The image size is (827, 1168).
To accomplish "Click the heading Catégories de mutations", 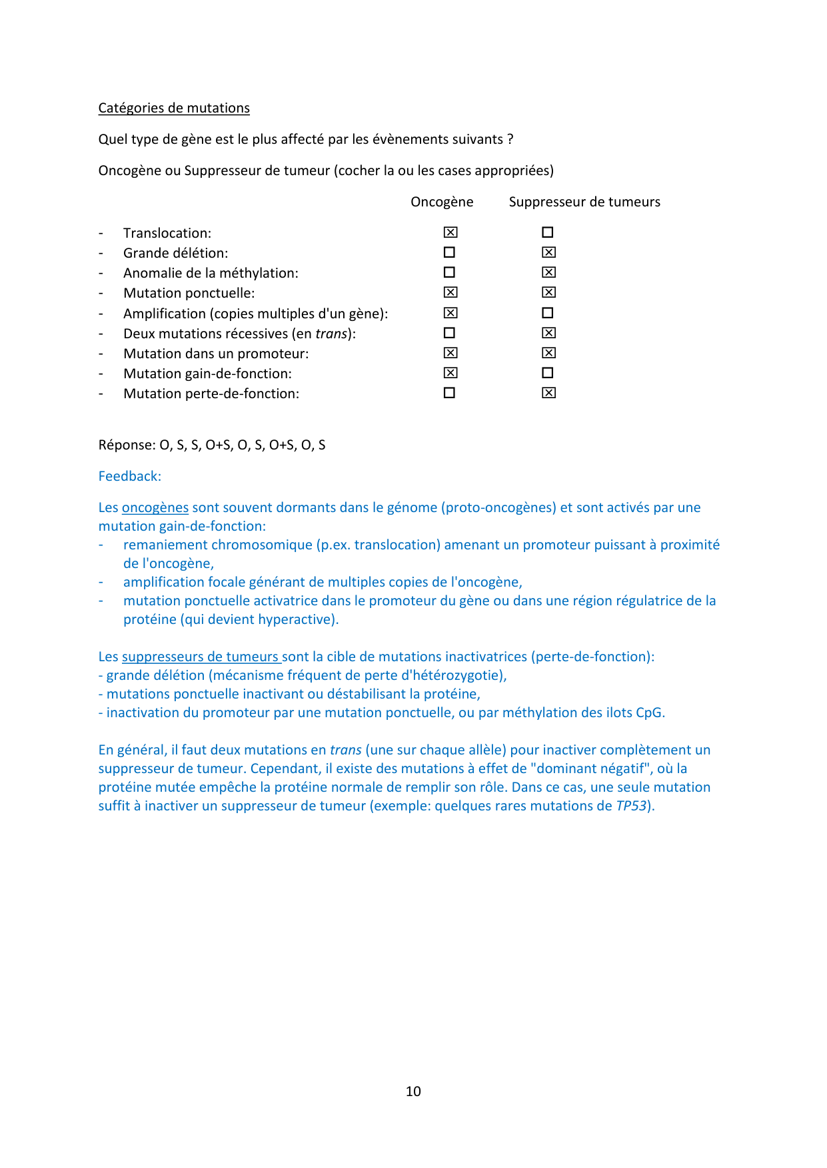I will pyautogui.click(x=174, y=108).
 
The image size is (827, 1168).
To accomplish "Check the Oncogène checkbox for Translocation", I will pyautogui.click(x=450, y=232).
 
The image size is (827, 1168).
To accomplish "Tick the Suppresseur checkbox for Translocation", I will pyautogui.click(x=548, y=232).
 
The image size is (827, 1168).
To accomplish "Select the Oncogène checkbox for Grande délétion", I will pyautogui.click(x=450, y=252).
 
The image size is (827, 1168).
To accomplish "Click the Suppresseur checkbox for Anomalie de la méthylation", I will pyautogui.click(x=548, y=272).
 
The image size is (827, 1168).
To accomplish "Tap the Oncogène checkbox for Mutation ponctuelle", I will pyautogui.click(x=450, y=292).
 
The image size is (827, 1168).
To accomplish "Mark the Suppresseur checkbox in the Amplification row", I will pyautogui.click(x=548, y=313).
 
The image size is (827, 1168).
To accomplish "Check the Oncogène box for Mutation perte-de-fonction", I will pyautogui.click(x=450, y=393).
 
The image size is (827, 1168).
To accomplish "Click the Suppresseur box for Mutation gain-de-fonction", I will pyautogui.click(x=548, y=373).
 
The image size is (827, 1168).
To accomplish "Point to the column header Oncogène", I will pyautogui.click(x=442, y=202).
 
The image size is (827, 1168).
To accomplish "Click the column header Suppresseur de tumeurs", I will pyautogui.click(x=584, y=202).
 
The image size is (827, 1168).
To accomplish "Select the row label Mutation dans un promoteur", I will pyautogui.click(x=216, y=354).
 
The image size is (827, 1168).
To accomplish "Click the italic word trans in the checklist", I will pyautogui.click(x=331, y=334).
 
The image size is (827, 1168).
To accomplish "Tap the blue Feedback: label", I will pyautogui.click(x=130, y=476).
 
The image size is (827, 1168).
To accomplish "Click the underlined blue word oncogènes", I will pyautogui.click(x=155, y=507).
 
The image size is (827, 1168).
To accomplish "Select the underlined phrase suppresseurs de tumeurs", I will pyautogui.click(x=201, y=657).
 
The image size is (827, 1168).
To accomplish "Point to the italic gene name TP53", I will pyautogui.click(x=631, y=806).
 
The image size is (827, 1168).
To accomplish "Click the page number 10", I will pyautogui.click(x=413, y=1091).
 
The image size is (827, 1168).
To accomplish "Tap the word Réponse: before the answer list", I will pyautogui.click(x=127, y=445).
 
